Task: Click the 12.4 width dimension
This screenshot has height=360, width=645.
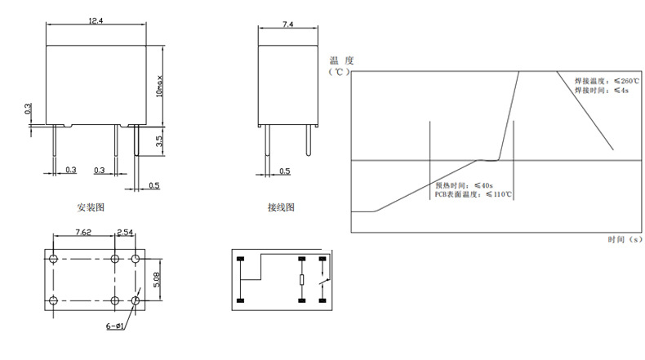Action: pos(96,20)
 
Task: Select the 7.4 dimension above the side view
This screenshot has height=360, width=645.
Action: pos(288,24)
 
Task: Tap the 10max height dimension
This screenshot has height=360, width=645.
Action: pos(159,87)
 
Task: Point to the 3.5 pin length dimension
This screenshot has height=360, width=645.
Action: pos(159,141)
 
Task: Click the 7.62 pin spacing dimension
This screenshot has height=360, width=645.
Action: pos(83,232)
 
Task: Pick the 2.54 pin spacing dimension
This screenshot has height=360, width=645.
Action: pos(125,232)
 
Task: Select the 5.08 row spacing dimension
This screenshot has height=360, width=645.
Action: pos(157,280)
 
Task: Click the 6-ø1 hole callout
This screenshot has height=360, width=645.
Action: pos(115,327)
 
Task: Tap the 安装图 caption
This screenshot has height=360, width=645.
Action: pos(91,207)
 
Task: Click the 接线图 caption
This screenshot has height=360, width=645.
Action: pos(281,207)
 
